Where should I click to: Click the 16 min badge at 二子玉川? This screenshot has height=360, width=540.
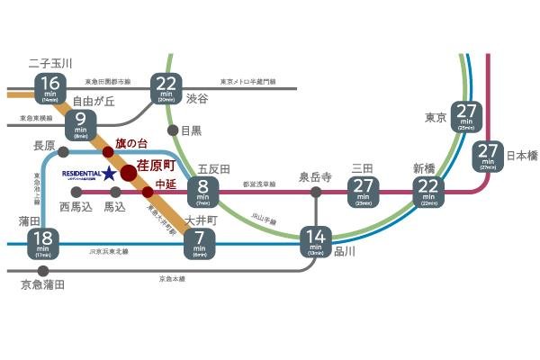pos(49,87)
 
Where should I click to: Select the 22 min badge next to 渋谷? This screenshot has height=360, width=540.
pos(166,88)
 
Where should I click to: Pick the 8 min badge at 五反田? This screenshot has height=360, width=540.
pos(201,191)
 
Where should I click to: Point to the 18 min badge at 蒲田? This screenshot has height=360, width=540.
pos(43,244)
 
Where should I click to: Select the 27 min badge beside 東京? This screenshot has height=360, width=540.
pos(465,115)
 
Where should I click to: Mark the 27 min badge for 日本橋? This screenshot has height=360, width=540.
pos(488,156)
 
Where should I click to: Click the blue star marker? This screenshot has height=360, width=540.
pos(108,172)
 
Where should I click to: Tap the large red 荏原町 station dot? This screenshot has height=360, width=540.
pos(129,172)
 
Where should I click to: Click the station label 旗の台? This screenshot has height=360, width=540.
pos(130,144)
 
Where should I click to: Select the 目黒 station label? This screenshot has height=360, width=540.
pos(191,130)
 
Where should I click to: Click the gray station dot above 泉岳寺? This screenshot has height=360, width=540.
pos(315,192)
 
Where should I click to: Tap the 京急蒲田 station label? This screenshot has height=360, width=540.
pos(42,285)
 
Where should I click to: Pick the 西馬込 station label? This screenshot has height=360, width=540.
pos(76,207)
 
